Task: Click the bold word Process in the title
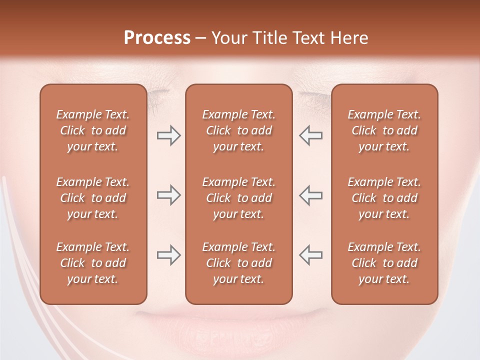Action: [157, 38]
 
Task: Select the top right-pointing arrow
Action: [168, 135]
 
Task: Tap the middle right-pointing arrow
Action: [168, 195]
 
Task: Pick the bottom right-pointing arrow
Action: [168, 255]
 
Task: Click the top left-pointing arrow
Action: [311, 135]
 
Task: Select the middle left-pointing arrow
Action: [311, 195]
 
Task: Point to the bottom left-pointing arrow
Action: [311, 255]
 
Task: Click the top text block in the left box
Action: [93, 130]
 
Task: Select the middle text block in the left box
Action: [93, 198]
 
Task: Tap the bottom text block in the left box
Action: [93, 263]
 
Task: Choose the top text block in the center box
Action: [238, 130]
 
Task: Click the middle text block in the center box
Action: [238, 198]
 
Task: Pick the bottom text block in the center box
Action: [238, 263]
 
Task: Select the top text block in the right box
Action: [384, 130]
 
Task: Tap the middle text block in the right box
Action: [384, 198]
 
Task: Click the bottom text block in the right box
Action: [384, 263]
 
